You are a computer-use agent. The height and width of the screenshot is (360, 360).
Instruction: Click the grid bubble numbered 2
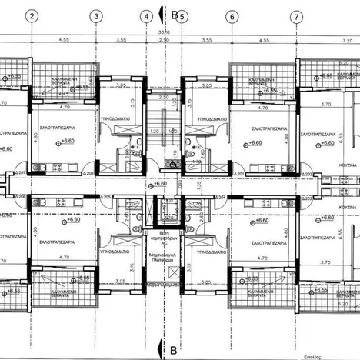tap(32, 16)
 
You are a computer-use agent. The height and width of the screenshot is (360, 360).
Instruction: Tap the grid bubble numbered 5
tap(182, 16)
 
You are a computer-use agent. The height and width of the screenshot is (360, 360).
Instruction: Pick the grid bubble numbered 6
tap(232, 16)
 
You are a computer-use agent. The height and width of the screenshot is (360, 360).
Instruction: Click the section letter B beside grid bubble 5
tap(175, 15)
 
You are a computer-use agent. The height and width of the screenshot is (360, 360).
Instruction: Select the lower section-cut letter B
tap(174, 343)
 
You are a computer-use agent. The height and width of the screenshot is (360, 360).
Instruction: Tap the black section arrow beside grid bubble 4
tap(159, 14)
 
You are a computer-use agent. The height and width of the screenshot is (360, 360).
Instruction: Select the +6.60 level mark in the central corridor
tap(159, 184)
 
